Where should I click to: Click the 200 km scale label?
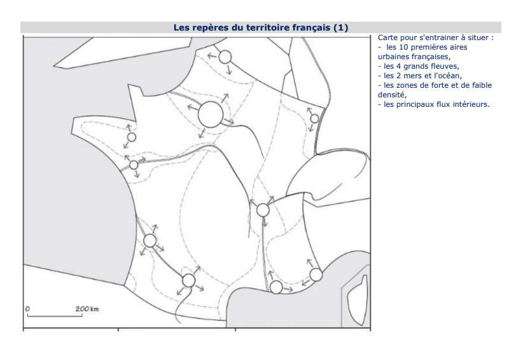tap(87, 308)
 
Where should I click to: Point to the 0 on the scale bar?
tap(27, 308)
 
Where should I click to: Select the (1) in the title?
tap(341, 27)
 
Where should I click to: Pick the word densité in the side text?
tap(392, 95)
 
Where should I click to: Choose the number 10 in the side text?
tap(403, 47)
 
